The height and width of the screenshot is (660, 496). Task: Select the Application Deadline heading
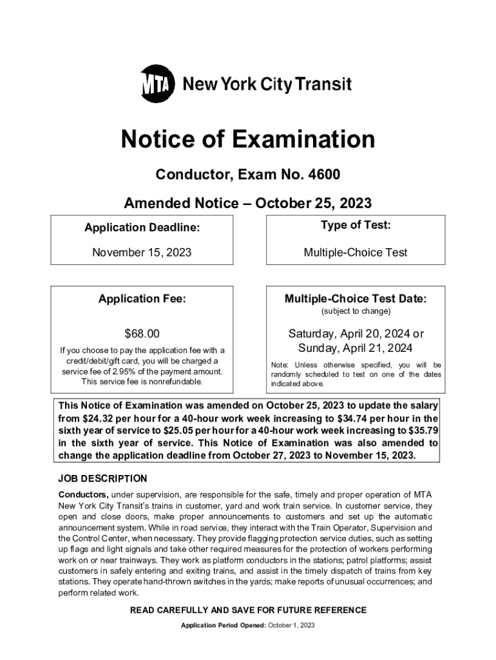tap(142, 227)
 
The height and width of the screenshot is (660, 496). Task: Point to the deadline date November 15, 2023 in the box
tap(142, 253)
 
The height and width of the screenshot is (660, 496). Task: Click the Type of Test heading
tap(356, 225)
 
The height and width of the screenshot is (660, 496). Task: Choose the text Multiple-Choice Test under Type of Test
tap(356, 253)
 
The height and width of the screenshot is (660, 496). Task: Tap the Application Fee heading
tap(142, 298)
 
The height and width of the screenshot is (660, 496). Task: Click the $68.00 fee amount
tap(142, 334)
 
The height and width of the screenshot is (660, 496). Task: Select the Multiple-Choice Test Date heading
tap(356, 298)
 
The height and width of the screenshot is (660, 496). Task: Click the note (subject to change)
tap(356, 311)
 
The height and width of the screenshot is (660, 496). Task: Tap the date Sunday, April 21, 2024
tap(356, 349)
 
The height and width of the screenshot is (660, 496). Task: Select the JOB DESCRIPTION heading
tap(102, 478)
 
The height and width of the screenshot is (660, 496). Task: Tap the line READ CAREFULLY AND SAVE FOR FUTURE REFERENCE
tap(248, 610)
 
